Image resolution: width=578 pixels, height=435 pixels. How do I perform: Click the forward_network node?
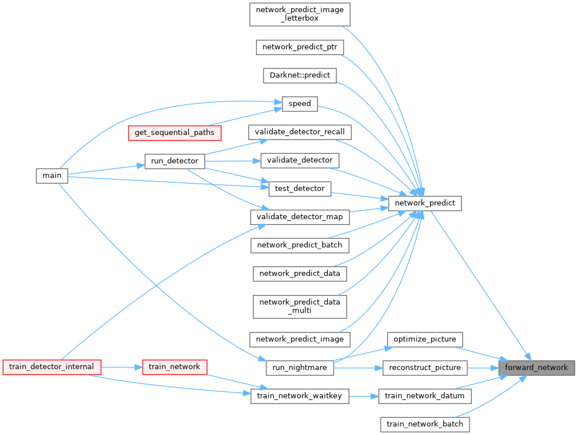coord(536,367)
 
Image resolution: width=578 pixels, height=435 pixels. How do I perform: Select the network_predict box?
coord(425,203)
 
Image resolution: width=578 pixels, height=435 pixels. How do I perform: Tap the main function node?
coord(52,175)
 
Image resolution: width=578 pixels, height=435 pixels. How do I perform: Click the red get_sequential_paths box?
coord(174,133)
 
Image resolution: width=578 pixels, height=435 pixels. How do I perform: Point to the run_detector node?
coord(174,161)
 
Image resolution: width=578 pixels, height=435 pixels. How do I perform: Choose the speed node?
coord(300,104)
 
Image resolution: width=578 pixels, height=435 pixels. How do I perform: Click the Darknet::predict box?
coord(300,75)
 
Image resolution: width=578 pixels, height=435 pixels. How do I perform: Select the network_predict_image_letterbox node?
coord(300,14)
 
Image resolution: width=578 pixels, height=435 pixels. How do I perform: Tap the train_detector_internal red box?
coord(52,366)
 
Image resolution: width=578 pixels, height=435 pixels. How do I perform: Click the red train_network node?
coord(174,366)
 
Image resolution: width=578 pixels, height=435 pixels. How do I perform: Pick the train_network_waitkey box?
coord(300,396)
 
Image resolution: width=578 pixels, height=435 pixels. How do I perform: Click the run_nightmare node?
coord(300,367)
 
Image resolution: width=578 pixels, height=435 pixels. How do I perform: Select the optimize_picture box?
coord(425,339)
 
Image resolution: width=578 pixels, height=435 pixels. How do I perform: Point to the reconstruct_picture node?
coord(425,367)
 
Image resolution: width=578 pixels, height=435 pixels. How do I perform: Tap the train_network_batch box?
coord(425,425)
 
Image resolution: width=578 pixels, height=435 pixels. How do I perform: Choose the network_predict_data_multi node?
coord(300,306)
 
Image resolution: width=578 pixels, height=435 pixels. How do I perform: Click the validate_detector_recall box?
coord(300,131)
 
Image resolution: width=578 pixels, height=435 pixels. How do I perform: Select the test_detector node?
coord(300,188)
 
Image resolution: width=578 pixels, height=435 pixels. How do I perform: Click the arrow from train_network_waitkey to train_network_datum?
coord(363,396)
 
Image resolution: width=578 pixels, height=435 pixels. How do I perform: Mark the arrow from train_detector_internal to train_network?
coord(122,366)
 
